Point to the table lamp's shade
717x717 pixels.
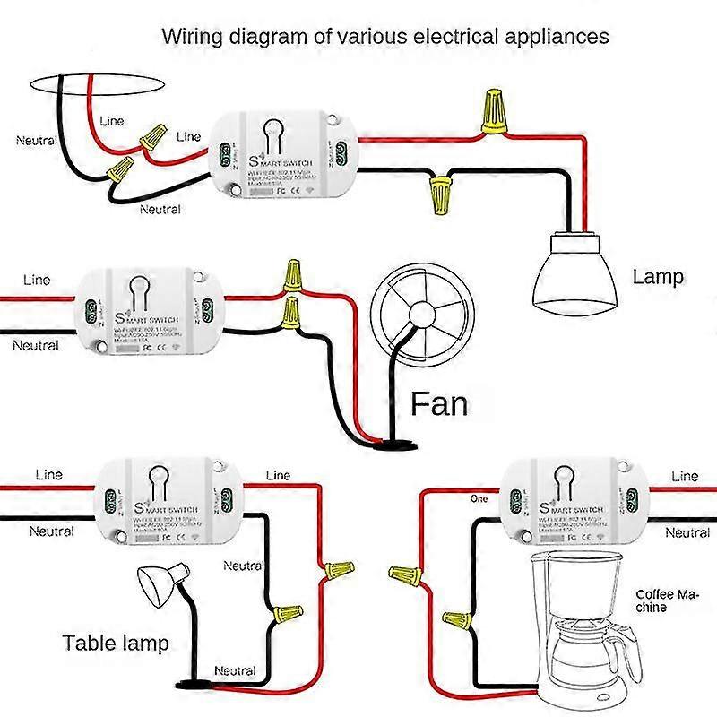(x=162, y=583)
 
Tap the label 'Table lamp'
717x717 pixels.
(x=116, y=643)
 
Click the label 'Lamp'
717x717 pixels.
(x=657, y=277)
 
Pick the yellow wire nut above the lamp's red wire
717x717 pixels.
(x=492, y=111)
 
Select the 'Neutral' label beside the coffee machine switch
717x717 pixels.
(x=687, y=532)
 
